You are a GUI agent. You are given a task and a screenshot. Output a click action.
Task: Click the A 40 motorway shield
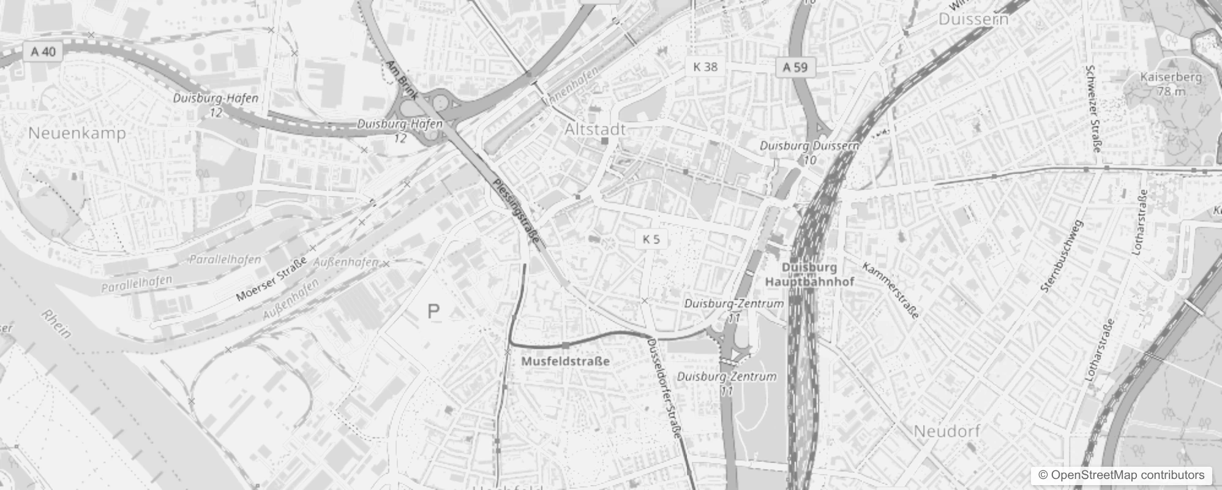pyautogui.click(x=43, y=51)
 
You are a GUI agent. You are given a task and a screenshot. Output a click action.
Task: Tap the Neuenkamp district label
pyautogui.click(x=77, y=133)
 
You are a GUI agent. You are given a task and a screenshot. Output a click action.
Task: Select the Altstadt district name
pyautogui.click(x=595, y=129)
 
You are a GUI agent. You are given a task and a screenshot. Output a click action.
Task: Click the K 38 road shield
pyautogui.click(x=705, y=67)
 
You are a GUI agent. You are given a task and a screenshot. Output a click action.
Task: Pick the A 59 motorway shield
pyautogui.click(x=795, y=67)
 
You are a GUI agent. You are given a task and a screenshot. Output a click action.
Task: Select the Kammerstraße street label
pyautogui.click(x=891, y=290)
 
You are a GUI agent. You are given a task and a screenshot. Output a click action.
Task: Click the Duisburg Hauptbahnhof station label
pyautogui.click(x=809, y=274)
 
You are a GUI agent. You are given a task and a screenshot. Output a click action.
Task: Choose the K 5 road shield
pyautogui.click(x=651, y=239)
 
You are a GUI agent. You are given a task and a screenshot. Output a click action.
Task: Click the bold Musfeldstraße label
pyautogui.click(x=565, y=361)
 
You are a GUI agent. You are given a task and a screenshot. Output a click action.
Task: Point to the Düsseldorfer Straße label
pyautogui.click(x=665, y=388)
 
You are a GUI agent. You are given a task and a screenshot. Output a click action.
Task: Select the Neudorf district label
pyautogui.click(x=946, y=431)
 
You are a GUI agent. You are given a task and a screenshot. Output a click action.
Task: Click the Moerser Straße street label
pyautogui.click(x=271, y=280)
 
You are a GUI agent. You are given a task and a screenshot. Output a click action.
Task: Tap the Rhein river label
pyautogui.click(x=57, y=324)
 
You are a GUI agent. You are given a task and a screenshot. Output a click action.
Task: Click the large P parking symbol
pyautogui.click(x=433, y=312)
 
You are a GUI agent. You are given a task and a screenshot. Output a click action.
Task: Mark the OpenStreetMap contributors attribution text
pyautogui.click(x=1121, y=475)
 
